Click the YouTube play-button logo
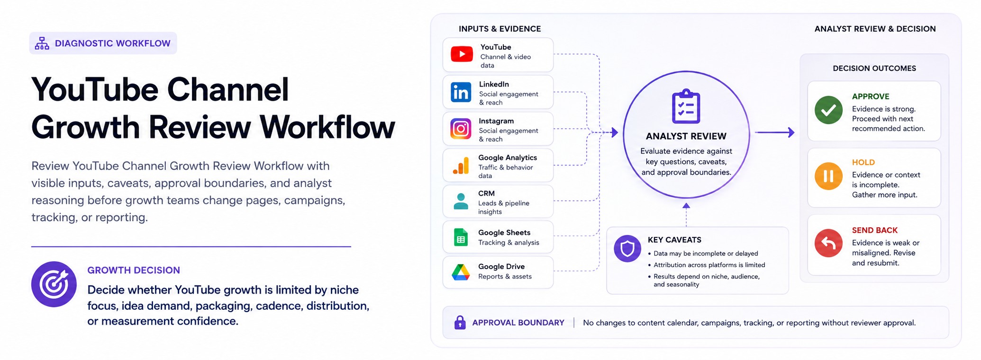tap(462, 54)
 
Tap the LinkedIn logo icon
tap(461, 92)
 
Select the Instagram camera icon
tap(461, 129)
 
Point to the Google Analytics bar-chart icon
tap(461, 165)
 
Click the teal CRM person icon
tap(461, 201)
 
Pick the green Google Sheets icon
tap(461, 237)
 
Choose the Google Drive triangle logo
tap(461, 272)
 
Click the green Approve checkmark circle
tap(828, 110)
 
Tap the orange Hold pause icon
tap(828, 176)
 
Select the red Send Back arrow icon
tap(828, 243)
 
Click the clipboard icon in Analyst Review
tap(686, 107)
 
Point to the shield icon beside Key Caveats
tap(627, 248)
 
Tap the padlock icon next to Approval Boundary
tap(460, 322)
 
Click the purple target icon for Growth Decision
tap(54, 284)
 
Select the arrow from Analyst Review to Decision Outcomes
tap(774, 133)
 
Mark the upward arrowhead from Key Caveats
tap(686, 206)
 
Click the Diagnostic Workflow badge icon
tap(42, 44)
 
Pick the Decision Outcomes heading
tap(874, 68)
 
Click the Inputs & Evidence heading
tap(500, 29)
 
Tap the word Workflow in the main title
tap(327, 127)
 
